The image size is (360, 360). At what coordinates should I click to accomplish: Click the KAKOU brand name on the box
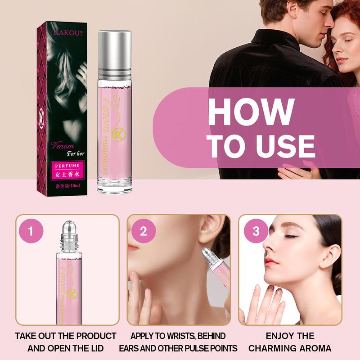(64, 33)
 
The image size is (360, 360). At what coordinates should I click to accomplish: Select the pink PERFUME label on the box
(67, 165)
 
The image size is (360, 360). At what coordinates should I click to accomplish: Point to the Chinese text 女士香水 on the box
(67, 174)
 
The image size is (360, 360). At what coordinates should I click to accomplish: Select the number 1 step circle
(31, 232)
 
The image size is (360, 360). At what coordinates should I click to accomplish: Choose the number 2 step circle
(144, 232)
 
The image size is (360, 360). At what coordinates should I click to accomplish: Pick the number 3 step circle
(256, 232)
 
